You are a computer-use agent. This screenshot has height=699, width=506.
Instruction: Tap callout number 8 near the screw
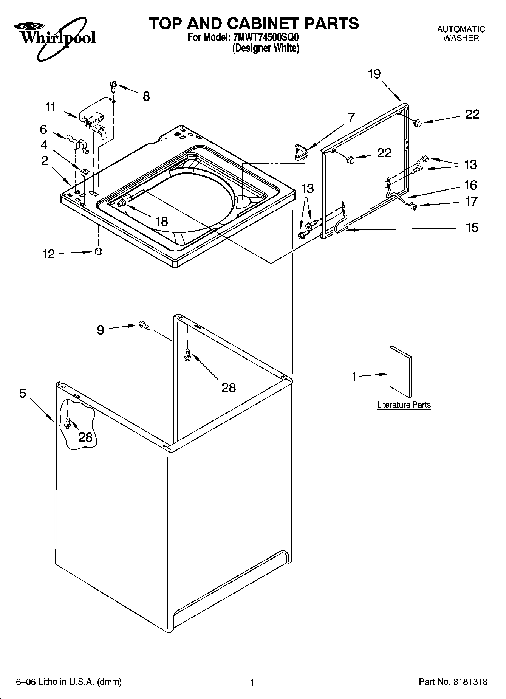(x=146, y=96)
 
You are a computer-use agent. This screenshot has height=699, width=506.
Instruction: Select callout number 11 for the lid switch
(x=50, y=107)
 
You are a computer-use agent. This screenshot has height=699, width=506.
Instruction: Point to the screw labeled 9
(x=144, y=325)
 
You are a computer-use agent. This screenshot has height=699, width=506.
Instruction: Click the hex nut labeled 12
(x=98, y=251)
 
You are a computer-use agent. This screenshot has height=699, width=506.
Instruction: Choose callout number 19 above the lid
(x=374, y=74)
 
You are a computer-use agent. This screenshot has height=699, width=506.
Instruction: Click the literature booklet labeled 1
(x=401, y=370)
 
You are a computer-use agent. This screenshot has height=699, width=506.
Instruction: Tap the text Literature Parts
(x=404, y=405)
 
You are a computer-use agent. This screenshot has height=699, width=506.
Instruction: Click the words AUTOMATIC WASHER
(x=461, y=33)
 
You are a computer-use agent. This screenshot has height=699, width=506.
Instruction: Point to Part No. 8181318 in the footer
(x=453, y=682)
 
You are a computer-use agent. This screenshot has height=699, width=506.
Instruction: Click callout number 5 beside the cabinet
(x=23, y=393)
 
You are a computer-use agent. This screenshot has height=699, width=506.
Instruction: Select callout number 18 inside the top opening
(x=161, y=221)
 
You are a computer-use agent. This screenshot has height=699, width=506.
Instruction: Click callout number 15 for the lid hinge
(x=472, y=227)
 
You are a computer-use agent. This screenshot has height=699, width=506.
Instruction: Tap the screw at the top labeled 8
(x=113, y=85)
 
